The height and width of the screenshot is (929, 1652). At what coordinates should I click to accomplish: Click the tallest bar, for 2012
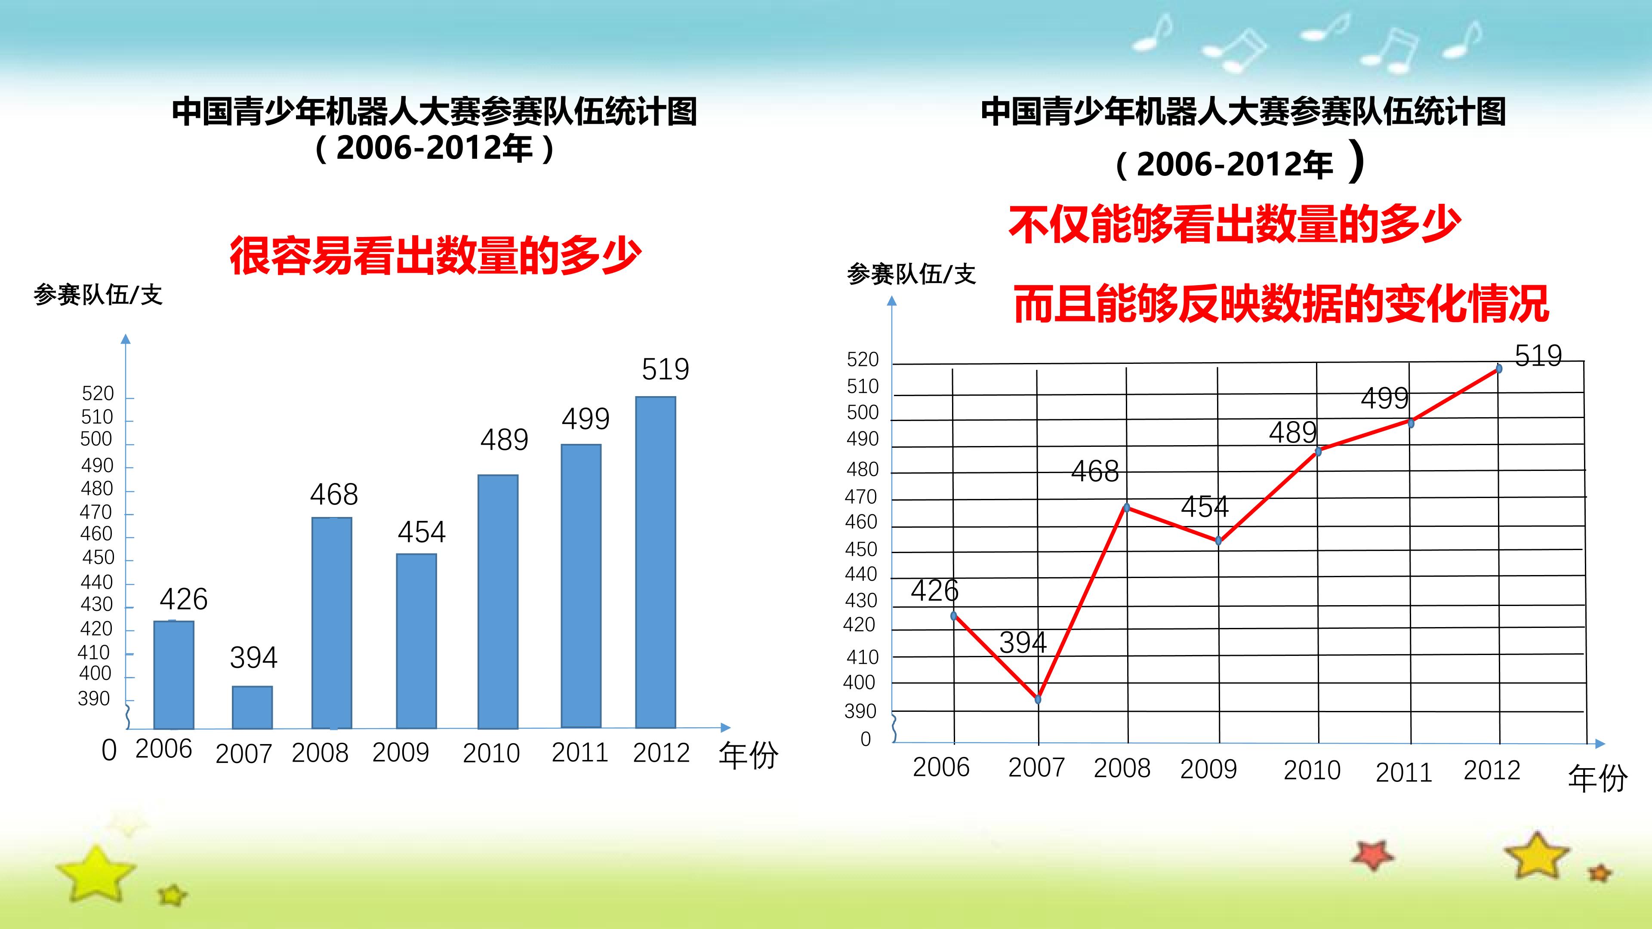[x=655, y=562]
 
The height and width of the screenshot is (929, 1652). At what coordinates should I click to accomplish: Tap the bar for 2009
[x=416, y=641]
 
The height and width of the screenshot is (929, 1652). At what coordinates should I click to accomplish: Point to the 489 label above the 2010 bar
[x=505, y=440]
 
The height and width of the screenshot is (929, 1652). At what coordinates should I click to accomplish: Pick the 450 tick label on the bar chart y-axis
[x=98, y=557]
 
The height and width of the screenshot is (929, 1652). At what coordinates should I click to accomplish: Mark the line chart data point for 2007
[x=1038, y=699]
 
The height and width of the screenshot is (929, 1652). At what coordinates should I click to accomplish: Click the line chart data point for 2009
[x=1218, y=541]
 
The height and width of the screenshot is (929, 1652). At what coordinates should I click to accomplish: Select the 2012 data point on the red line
[x=1499, y=369]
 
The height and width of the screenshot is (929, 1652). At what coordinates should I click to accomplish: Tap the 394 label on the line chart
[x=1023, y=643]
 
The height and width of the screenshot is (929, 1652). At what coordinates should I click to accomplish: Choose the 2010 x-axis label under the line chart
[x=1312, y=770]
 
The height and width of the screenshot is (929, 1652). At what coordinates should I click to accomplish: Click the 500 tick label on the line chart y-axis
[x=863, y=412]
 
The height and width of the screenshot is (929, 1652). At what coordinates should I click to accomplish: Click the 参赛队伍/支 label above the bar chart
[x=98, y=295]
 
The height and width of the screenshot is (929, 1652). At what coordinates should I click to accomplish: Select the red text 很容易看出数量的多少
[x=435, y=255]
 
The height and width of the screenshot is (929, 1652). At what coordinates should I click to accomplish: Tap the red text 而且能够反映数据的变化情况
[x=1281, y=303]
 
